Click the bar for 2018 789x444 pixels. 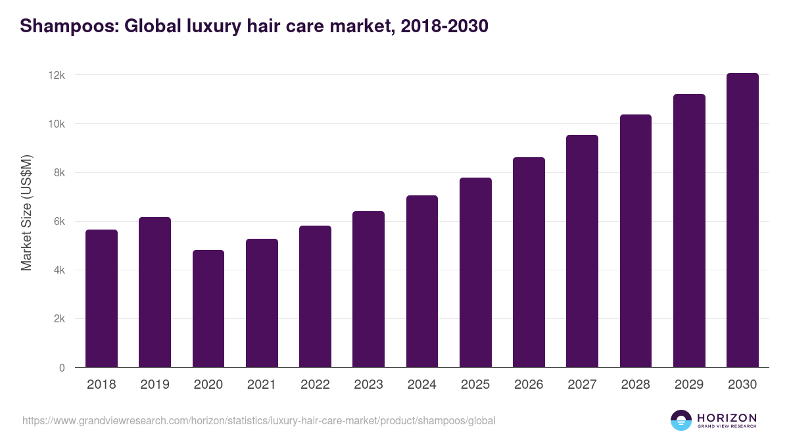click(101, 299)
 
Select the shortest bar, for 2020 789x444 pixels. click(208, 309)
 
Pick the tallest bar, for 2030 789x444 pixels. click(742, 220)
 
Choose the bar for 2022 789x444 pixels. click(315, 297)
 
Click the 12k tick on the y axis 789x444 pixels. click(57, 76)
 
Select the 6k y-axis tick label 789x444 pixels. click(58, 222)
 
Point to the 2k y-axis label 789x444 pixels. click(58, 319)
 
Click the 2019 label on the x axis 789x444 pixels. click(155, 385)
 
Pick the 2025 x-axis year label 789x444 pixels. click(475, 385)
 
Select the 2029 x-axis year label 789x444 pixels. click(689, 385)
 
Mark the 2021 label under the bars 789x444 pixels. click(262, 385)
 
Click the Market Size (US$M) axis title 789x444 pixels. click(26, 213)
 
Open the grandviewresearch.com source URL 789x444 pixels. click(259, 420)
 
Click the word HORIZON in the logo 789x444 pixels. click(727, 418)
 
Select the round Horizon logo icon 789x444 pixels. click(681, 420)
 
